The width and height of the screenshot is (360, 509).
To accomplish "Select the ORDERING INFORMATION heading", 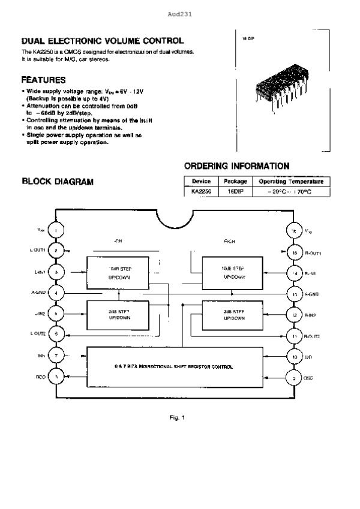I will [236, 166].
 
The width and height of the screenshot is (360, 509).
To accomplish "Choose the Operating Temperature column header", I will [290, 181].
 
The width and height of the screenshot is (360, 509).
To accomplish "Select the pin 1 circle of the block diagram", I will [56, 230].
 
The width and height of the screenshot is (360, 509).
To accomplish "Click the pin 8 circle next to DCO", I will [56, 377].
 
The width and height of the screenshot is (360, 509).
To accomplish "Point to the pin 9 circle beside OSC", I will [295, 378].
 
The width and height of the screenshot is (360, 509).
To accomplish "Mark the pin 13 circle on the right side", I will [295, 294].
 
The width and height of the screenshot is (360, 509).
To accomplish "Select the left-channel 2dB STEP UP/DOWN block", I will [119, 315].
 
